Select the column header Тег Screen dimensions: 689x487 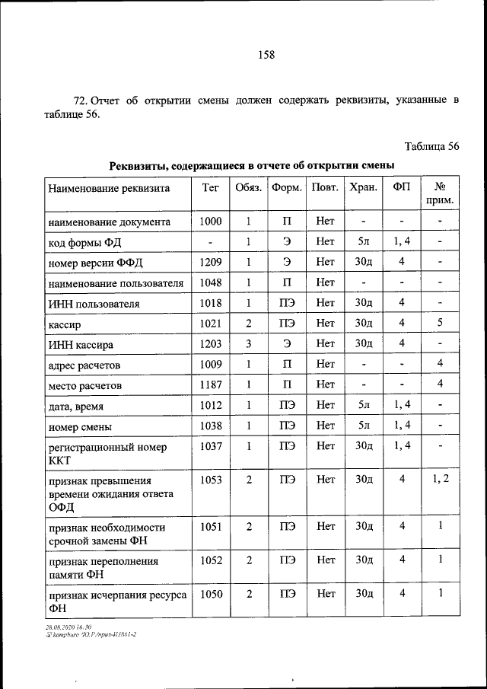(x=210, y=187)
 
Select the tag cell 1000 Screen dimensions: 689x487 (x=210, y=222)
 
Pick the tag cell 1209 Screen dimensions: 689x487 (x=210, y=263)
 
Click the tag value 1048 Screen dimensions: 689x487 (x=210, y=283)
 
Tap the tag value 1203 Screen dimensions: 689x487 (x=210, y=345)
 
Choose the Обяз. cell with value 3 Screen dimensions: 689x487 (x=249, y=345)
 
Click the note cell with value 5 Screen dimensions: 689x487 (x=440, y=324)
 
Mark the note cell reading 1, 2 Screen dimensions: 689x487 (x=440, y=479)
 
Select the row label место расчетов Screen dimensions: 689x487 (x=84, y=387)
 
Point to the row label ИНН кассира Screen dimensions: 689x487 (x=78, y=346)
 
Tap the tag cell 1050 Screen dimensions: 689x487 (x=210, y=594)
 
